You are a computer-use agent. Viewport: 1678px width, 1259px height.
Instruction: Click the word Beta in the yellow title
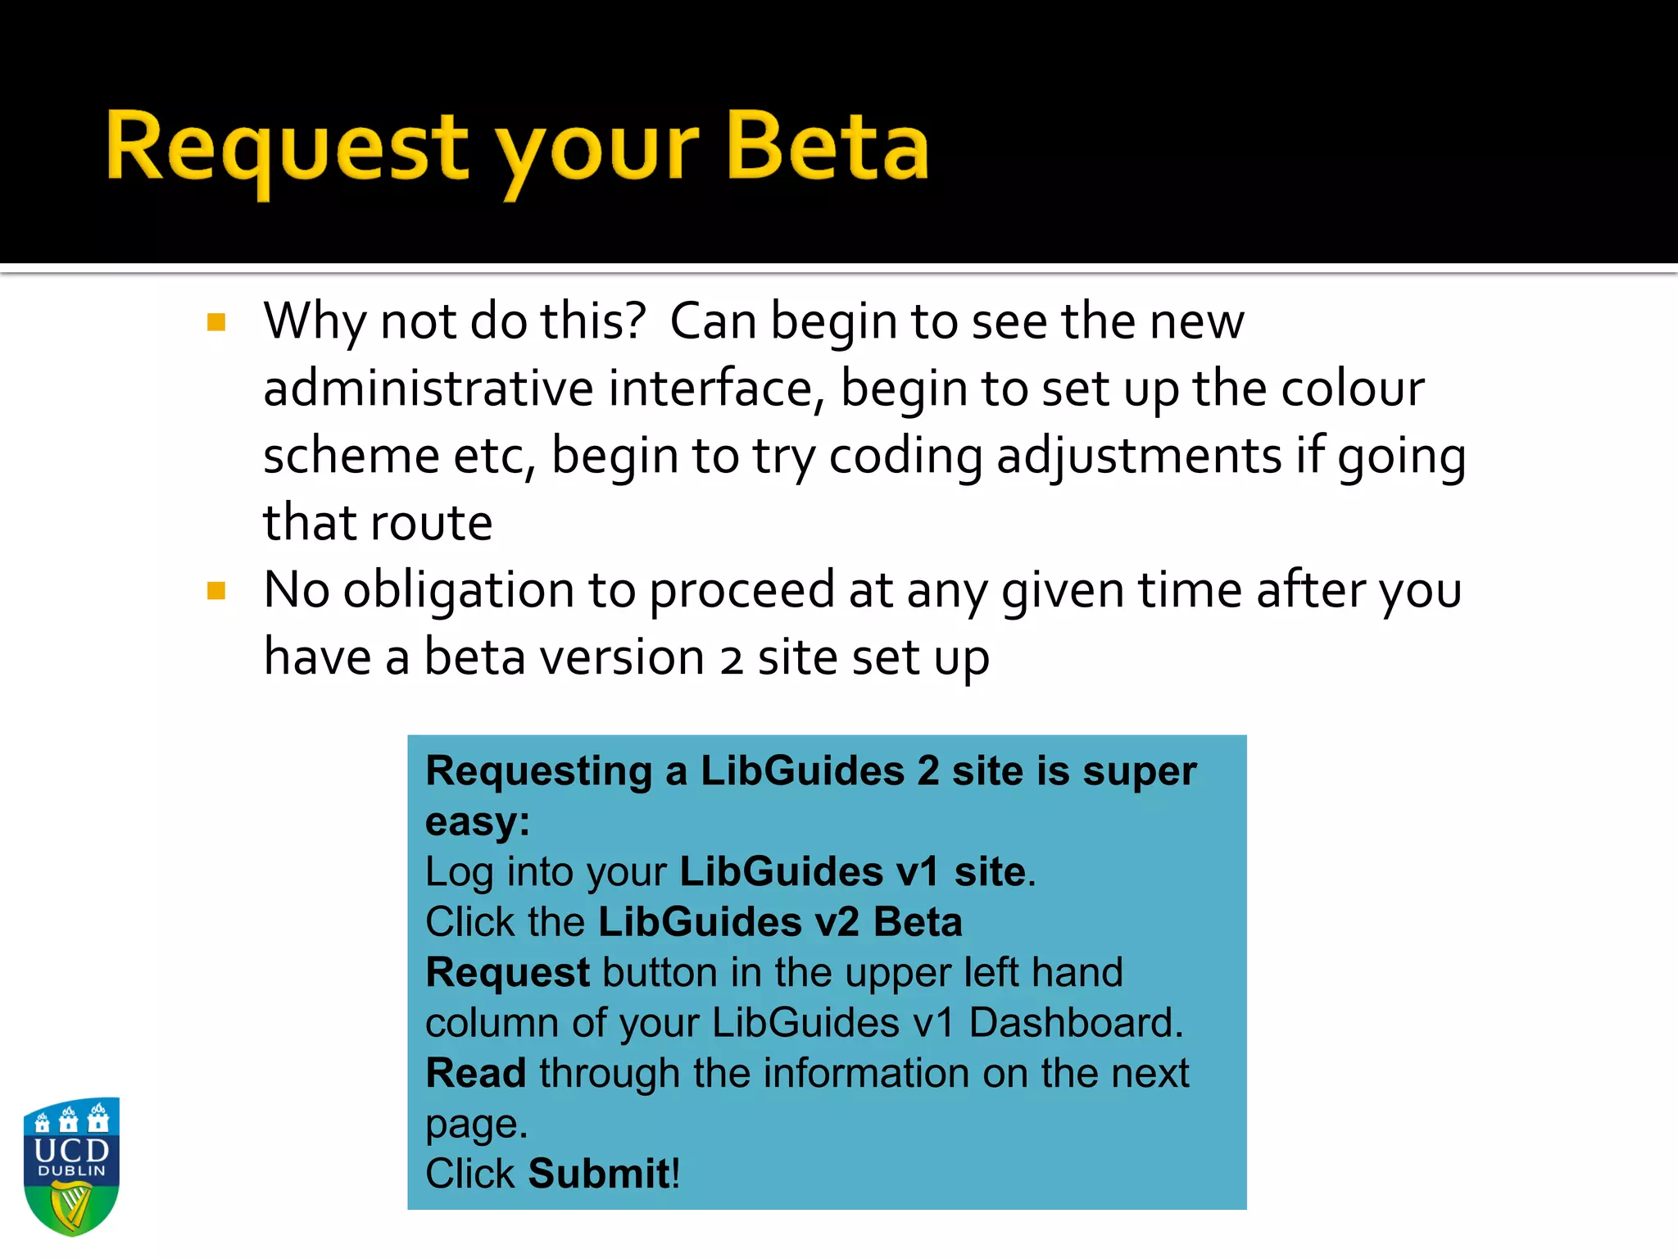click(x=828, y=148)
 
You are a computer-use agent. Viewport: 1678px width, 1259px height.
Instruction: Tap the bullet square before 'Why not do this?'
click(x=216, y=322)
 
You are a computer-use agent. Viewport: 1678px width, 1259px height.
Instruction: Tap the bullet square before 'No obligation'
click(x=216, y=591)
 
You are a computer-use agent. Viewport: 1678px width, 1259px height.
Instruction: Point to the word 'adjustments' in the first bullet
click(x=1139, y=456)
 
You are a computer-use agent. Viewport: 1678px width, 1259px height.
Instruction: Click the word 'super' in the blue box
click(x=1140, y=771)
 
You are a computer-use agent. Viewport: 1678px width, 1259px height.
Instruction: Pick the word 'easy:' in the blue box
click(x=478, y=821)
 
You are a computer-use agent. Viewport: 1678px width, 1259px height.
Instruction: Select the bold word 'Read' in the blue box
click(x=476, y=1073)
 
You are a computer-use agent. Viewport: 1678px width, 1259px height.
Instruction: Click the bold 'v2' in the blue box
click(x=837, y=922)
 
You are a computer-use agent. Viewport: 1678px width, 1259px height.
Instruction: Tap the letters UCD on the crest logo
click(x=72, y=1150)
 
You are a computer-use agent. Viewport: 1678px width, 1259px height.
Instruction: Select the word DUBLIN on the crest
click(x=72, y=1171)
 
